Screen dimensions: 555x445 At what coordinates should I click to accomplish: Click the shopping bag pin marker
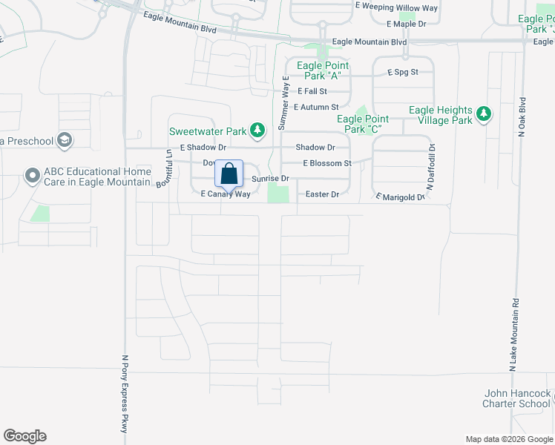point(229,175)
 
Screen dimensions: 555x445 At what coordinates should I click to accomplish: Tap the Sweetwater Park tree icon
point(257,131)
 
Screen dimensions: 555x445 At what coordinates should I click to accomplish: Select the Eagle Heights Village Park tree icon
point(484,113)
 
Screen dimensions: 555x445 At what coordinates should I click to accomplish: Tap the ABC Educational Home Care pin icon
point(32,176)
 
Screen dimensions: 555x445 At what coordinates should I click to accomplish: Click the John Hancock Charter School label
point(517,398)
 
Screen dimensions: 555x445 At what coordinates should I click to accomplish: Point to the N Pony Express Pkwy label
point(125,394)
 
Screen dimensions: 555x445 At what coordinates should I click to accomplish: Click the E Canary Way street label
point(226,194)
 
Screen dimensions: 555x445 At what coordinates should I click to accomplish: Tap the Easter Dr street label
point(322,194)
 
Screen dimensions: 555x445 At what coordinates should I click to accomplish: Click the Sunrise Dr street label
point(269,179)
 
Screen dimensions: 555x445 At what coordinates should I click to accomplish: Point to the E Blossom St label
point(326,163)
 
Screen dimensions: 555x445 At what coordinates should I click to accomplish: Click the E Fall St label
point(312,91)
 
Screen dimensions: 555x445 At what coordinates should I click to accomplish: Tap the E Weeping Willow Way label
point(396,8)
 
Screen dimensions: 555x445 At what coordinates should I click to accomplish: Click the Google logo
point(24,436)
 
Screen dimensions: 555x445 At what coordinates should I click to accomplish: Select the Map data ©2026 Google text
point(508,439)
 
